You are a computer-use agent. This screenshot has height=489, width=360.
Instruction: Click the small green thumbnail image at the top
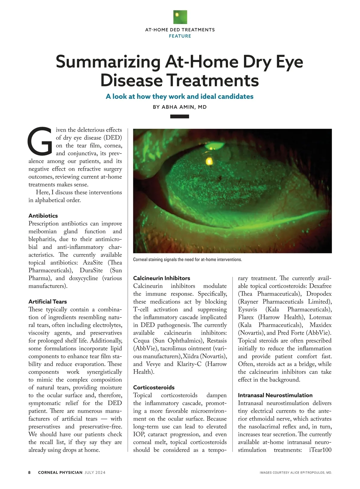[x=180, y=17]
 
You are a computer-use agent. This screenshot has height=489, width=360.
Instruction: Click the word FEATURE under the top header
[x=180, y=36]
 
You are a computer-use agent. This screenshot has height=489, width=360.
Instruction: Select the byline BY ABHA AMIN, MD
[x=180, y=107]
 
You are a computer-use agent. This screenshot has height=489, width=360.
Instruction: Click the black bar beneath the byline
[x=179, y=116]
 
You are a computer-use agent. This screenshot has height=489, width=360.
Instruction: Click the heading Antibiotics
[x=43, y=216]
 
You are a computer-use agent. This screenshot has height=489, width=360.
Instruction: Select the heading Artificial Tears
[x=48, y=302]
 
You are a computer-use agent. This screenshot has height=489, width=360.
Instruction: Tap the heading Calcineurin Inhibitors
[x=162, y=278]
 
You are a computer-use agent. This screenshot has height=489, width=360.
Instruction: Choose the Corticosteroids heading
[x=154, y=387]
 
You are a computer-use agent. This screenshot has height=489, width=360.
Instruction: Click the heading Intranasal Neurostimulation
[x=275, y=395]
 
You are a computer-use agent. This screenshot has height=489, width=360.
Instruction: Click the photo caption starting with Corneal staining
[x=187, y=260]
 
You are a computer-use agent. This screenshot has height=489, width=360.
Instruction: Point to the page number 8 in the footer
[x=29, y=473]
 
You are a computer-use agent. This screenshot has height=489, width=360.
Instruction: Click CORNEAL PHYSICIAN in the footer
[x=60, y=473]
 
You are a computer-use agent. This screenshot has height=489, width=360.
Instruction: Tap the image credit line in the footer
[x=295, y=473]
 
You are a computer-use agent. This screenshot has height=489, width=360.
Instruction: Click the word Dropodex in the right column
[x=319, y=294]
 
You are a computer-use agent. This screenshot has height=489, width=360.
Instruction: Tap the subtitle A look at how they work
[x=180, y=97]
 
